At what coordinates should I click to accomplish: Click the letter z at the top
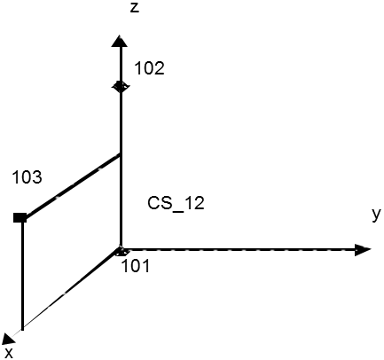(135, 8)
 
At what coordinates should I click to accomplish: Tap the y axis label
(376, 214)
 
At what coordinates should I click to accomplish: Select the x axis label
(9, 353)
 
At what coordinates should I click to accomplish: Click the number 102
(149, 68)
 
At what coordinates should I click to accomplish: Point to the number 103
(27, 177)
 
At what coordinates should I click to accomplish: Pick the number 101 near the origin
(136, 266)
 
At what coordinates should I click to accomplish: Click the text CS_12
(176, 204)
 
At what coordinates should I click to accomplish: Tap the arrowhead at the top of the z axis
(120, 41)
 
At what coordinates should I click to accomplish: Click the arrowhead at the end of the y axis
(363, 250)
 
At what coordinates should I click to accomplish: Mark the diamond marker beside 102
(121, 86)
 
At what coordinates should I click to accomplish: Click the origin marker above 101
(121, 251)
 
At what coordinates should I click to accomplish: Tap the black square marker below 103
(20, 217)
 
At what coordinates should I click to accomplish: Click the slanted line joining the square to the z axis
(71, 185)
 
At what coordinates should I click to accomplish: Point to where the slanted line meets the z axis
(120, 154)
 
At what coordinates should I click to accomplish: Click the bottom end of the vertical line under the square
(22, 329)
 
